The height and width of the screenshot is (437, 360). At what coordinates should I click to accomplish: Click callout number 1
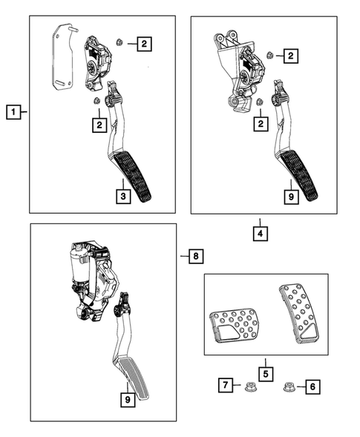point(12,113)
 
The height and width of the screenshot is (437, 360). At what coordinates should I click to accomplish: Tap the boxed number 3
point(125,196)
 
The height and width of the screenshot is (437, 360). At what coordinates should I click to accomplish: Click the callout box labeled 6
point(312,386)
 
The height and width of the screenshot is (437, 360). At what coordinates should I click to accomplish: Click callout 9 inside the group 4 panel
point(292,196)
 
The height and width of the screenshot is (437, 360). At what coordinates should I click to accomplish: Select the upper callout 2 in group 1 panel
point(143,45)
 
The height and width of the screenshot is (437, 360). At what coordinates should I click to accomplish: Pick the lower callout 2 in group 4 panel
point(261,125)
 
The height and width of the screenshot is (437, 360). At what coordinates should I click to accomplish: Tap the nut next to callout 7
point(250,386)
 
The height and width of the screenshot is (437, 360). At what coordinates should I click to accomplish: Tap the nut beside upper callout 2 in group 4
point(269,54)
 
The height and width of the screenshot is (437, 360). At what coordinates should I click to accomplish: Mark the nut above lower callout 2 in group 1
point(97,102)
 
